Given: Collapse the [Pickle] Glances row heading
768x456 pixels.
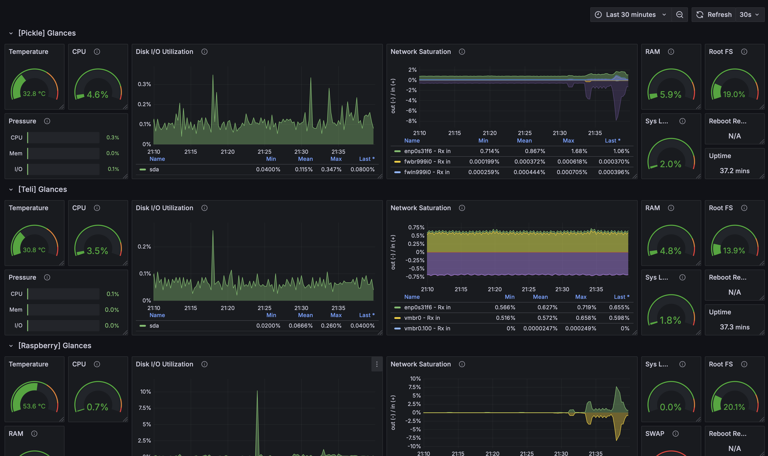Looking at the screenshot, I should (x=11, y=33).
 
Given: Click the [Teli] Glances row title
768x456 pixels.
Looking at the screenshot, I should (x=43, y=189).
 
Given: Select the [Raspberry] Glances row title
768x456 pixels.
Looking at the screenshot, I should (x=55, y=345).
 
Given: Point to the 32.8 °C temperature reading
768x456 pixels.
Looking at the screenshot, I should (x=34, y=94).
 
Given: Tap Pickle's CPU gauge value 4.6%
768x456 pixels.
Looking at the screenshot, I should (x=97, y=94).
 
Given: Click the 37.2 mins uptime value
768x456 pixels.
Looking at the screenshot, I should (x=734, y=171).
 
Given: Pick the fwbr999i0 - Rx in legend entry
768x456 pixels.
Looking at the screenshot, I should (x=427, y=162).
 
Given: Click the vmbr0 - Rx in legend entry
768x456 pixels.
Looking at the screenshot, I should (x=422, y=318).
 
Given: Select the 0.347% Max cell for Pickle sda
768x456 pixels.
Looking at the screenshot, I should (x=331, y=169).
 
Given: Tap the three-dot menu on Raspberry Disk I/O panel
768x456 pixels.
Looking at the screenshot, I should (x=377, y=364).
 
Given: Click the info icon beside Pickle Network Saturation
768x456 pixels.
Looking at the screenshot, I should (x=462, y=52).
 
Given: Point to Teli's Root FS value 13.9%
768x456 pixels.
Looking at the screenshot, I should (x=734, y=250).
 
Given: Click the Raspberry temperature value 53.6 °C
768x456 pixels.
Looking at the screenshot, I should (x=34, y=406).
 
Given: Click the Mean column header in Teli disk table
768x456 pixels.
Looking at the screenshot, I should (x=305, y=315).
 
